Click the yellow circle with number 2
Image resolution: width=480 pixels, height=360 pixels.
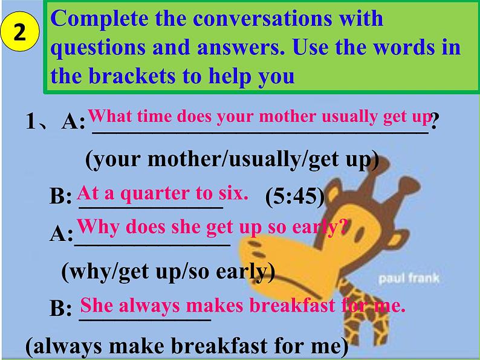(x=19, y=31)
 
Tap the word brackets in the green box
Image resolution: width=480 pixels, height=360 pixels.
(x=132, y=76)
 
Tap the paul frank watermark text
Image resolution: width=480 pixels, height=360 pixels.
(x=409, y=278)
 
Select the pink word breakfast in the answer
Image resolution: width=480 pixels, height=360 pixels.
(x=292, y=305)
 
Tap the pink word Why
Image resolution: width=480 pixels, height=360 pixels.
(x=99, y=227)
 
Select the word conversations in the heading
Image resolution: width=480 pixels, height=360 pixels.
(x=262, y=18)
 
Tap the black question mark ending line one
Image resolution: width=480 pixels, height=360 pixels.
(x=435, y=120)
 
